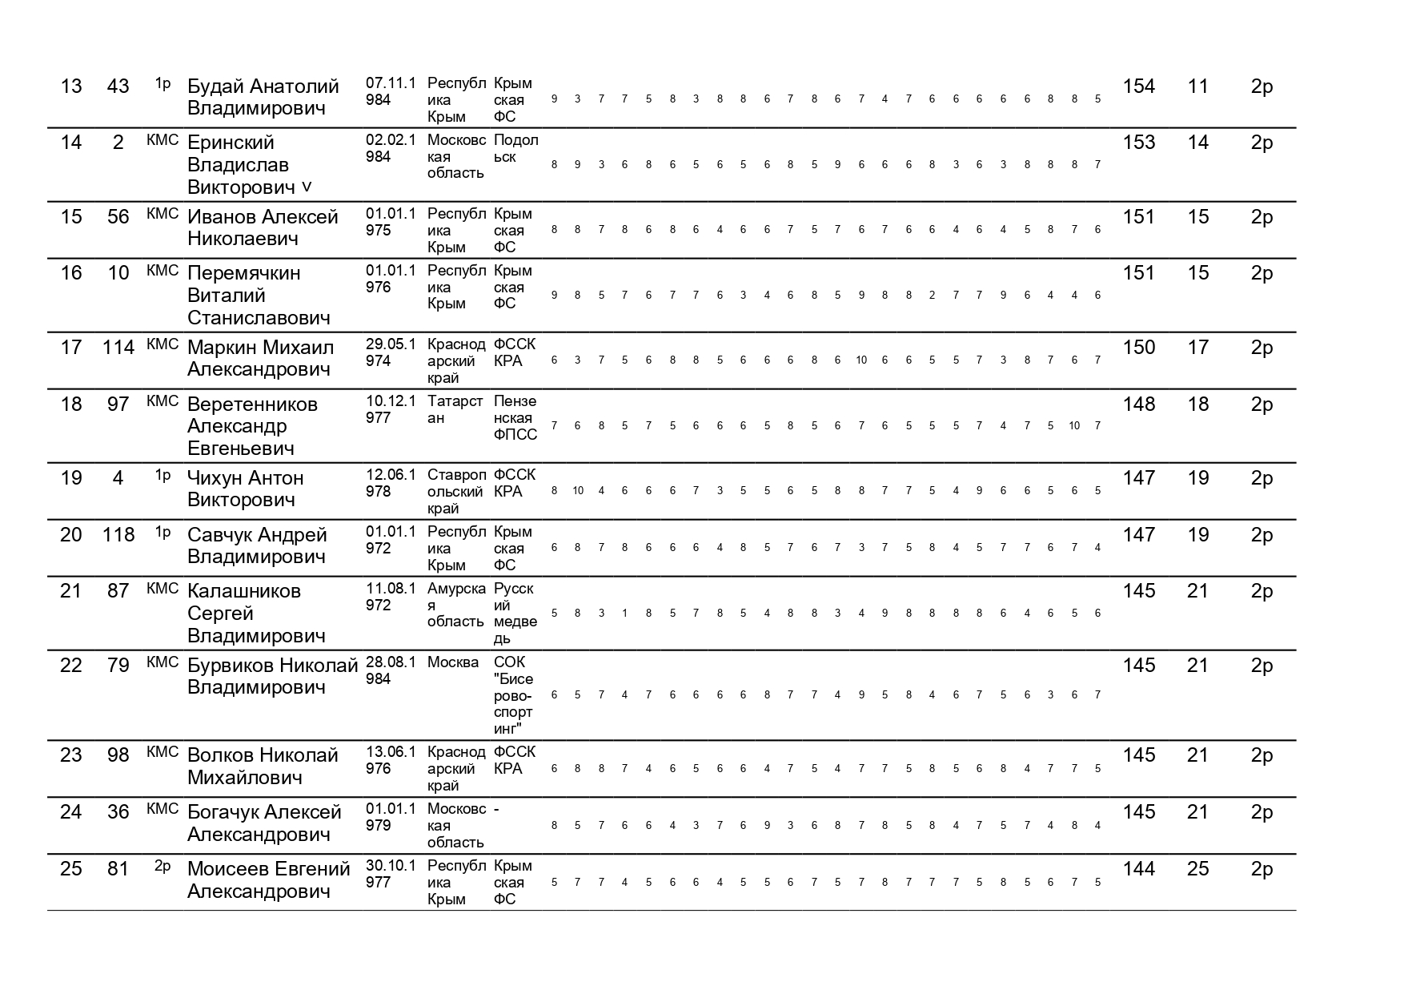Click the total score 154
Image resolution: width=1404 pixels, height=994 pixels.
coord(1138,87)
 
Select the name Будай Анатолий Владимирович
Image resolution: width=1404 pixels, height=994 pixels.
coord(263,98)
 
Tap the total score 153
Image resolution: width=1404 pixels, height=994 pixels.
coord(1138,143)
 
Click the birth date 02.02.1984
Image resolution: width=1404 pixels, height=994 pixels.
coord(391,148)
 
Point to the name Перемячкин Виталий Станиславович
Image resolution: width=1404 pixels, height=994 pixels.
coord(258,295)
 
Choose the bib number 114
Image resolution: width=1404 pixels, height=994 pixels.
coord(118,348)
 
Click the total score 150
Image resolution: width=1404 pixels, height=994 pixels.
coord(1138,348)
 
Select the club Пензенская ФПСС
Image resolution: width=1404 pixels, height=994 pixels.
coord(515,418)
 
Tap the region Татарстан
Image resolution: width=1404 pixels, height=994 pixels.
coord(455,409)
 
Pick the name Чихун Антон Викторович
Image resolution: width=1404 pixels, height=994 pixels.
coord(245,489)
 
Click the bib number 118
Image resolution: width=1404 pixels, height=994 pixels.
coord(118,535)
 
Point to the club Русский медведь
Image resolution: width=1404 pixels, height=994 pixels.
coord(515,614)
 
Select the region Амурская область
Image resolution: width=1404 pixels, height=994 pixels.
coord(455,606)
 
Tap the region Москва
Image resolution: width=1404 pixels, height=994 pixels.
coord(453,662)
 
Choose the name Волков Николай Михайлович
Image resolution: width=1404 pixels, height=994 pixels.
coord(263,767)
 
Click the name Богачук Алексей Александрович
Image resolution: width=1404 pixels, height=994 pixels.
coord(264,823)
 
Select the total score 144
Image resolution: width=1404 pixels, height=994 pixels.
coord(1138,869)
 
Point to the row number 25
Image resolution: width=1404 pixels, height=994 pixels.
coord(71,869)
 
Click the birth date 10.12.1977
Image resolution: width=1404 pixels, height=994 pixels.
coord(391,409)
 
